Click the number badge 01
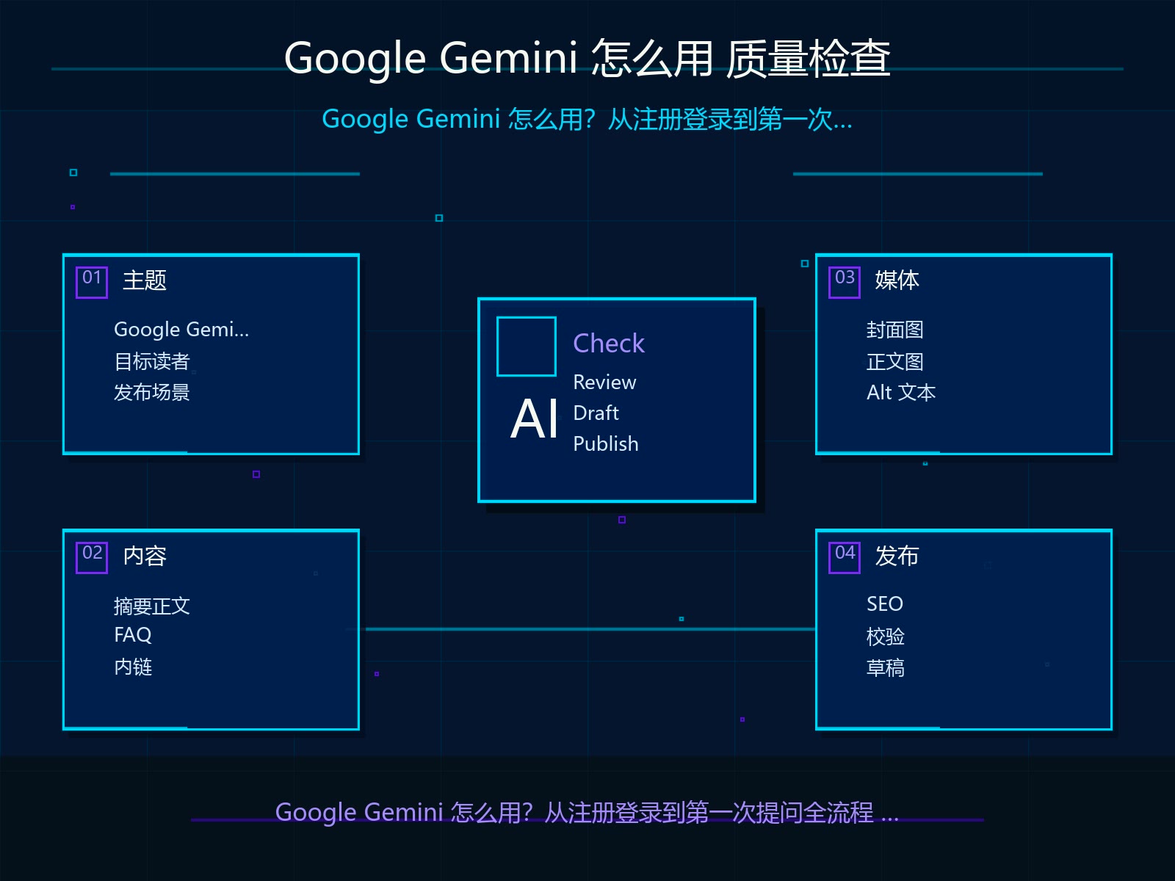92,282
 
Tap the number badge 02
92,557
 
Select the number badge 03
845,282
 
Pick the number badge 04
845,557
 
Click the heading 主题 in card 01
145,280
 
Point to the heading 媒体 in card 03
897,280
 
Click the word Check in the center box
609,343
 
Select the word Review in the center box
604,383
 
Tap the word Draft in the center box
596,413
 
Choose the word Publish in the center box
605,444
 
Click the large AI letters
534,418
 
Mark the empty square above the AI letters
527,319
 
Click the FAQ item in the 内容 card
133,635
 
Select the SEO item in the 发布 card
884,604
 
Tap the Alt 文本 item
901,393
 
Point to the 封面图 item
895,330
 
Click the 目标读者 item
152,362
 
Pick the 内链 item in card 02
134,667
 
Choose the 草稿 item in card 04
886,668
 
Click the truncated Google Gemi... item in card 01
181,330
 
